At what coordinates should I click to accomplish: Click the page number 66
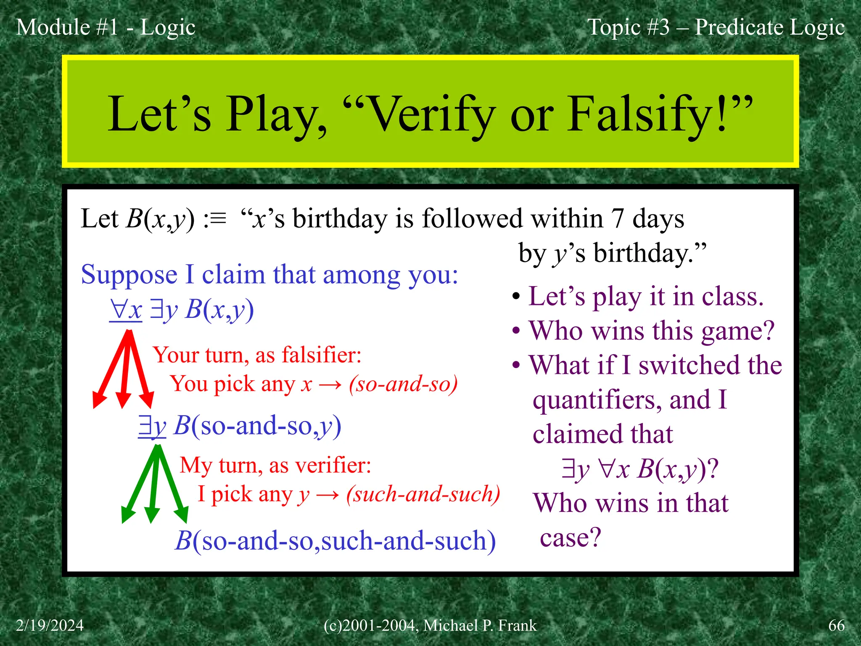click(x=836, y=625)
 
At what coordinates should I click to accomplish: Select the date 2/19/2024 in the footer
click(x=50, y=625)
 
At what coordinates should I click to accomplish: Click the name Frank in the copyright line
click(x=518, y=625)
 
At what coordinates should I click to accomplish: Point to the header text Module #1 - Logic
click(x=106, y=27)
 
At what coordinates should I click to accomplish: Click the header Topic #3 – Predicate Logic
click(x=716, y=27)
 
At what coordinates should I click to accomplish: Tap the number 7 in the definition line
click(x=617, y=219)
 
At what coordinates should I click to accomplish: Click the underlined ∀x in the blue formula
click(x=126, y=310)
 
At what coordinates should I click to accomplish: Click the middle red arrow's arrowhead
click(x=123, y=400)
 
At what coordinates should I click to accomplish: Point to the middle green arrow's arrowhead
click(x=152, y=515)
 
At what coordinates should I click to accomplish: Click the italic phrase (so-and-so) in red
click(x=403, y=384)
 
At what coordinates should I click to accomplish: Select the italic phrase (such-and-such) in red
click(x=423, y=494)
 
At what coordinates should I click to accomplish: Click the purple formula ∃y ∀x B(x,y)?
click(x=640, y=469)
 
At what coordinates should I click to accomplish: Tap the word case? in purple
click(x=570, y=537)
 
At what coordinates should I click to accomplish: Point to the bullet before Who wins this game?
click(x=516, y=331)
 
